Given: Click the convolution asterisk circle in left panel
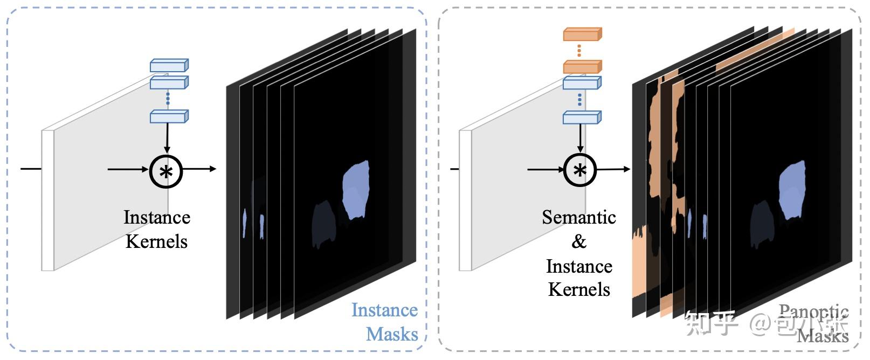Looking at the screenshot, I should [x=166, y=172].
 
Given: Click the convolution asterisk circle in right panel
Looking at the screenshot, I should [x=579, y=170].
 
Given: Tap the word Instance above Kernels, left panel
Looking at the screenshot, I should [x=157, y=217].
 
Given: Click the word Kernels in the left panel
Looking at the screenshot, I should [x=157, y=241].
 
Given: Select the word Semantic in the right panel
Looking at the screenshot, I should [x=579, y=217].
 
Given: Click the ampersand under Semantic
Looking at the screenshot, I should [x=579, y=241].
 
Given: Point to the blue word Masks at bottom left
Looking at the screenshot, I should [x=392, y=334].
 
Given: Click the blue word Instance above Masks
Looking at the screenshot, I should [x=384, y=310].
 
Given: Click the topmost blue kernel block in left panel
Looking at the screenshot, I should [x=169, y=66].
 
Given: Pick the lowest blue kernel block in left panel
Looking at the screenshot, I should [x=169, y=116].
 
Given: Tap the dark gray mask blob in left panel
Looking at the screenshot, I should [x=324, y=224].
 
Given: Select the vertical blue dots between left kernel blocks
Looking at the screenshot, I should [x=168, y=99].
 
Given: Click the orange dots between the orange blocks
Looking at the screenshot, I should [x=579, y=51].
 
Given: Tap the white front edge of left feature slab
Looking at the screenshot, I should [x=48, y=200].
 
